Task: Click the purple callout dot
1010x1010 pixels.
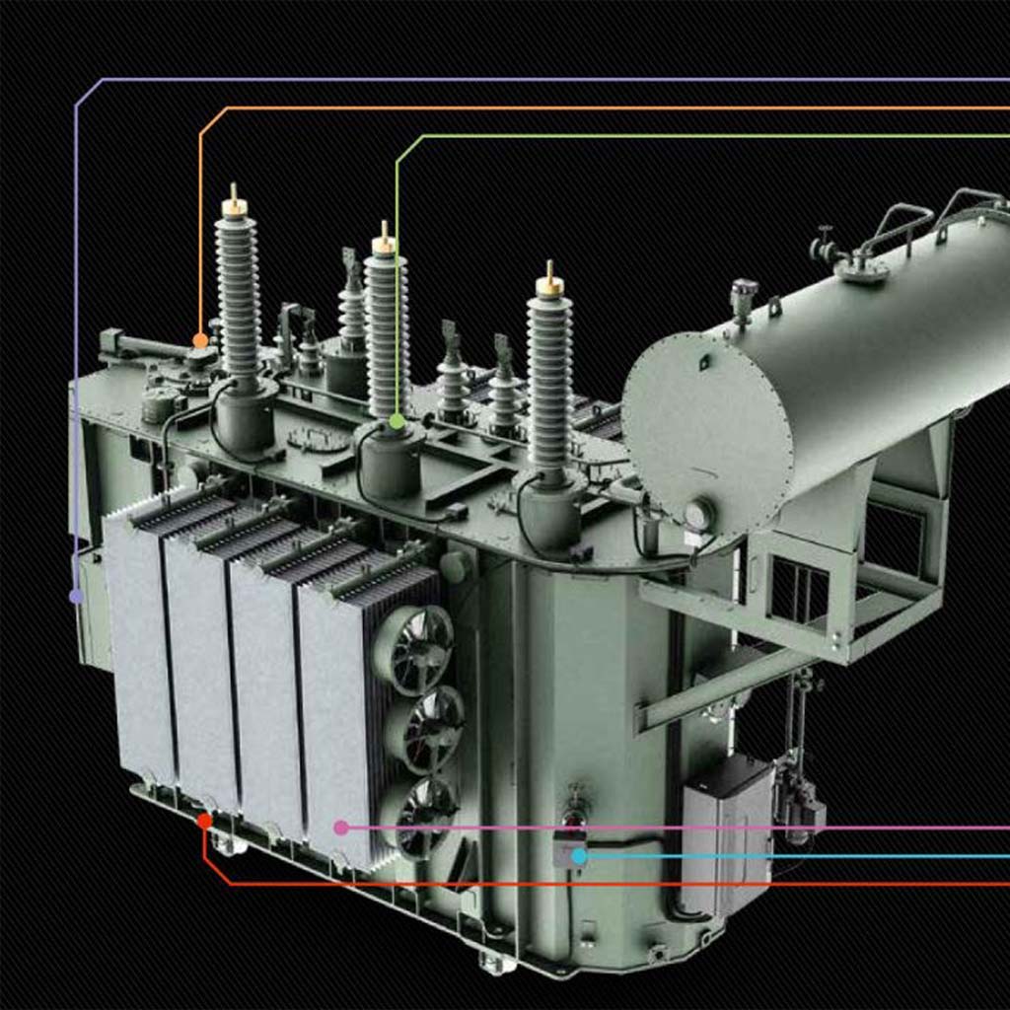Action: [x=76, y=596]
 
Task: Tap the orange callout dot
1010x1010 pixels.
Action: [x=200, y=340]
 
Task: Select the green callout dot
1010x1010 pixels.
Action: [x=397, y=421]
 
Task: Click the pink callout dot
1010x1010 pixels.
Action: [x=341, y=828]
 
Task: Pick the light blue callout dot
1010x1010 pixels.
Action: [x=579, y=856]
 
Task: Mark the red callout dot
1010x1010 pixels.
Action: [x=204, y=821]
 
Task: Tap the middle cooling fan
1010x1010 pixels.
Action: [x=426, y=729]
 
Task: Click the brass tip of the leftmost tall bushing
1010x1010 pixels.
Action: [x=234, y=204]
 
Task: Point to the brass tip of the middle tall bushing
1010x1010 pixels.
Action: [x=384, y=243]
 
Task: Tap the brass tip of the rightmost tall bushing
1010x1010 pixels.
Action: [x=549, y=283]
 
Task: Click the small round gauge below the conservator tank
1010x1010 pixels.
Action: [x=698, y=515]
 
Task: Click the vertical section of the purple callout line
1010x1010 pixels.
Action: [x=76, y=345]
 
